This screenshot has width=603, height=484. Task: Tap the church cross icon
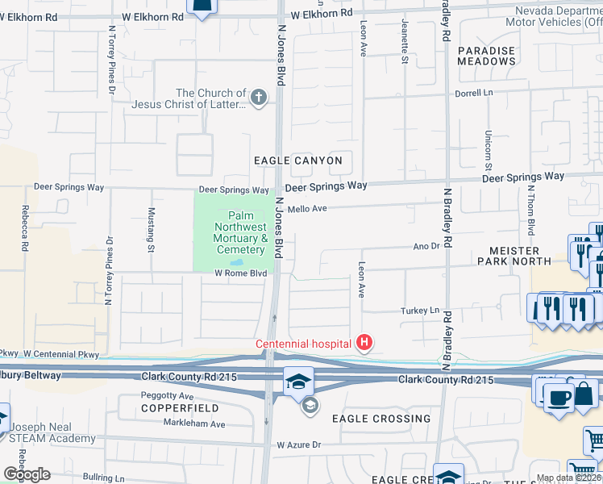[258, 99]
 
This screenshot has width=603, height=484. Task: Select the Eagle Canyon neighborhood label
[297, 161]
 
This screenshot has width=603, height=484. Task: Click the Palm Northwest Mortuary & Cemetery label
[239, 233]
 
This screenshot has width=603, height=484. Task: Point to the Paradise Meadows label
[486, 56]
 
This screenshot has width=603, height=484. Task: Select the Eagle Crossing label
[381, 419]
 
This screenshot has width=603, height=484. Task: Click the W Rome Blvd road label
[240, 273]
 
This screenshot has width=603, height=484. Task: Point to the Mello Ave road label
[307, 208]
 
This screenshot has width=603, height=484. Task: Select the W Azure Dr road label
[298, 444]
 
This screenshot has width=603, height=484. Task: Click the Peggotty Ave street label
[167, 396]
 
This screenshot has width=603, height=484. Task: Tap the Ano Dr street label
[424, 246]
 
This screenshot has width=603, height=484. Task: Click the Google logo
[27, 474]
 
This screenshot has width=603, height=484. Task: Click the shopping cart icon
[595, 440]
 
